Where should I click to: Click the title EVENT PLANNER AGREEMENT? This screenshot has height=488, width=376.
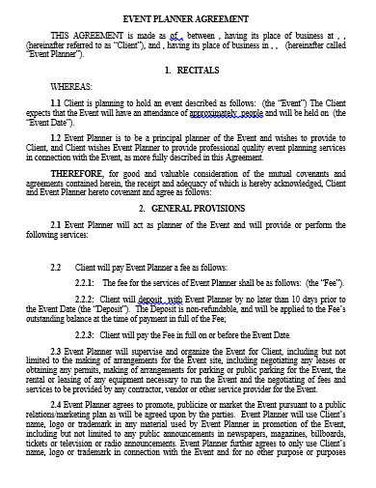[187, 18]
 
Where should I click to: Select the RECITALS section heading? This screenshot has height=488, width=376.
[196, 71]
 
